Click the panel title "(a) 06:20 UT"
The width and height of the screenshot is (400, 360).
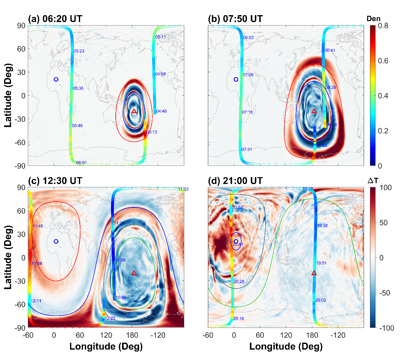(55, 19)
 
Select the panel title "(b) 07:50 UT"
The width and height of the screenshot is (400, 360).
(235, 19)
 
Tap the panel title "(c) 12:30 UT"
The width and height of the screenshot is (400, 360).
(55, 181)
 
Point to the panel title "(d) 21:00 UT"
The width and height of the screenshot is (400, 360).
(235, 181)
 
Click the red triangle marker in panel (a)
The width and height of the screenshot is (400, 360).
(134, 111)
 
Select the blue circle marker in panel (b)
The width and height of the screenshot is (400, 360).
(236, 79)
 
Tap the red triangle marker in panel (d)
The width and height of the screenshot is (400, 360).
(314, 273)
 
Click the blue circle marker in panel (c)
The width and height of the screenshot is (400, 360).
(56, 241)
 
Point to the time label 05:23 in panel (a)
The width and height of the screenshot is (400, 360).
(79, 51)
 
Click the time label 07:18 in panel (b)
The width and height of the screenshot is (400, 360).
(247, 112)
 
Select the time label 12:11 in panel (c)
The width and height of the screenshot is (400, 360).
(36, 301)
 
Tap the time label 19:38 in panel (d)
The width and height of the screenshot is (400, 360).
(322, 226)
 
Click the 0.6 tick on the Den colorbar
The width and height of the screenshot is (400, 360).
(383, 61)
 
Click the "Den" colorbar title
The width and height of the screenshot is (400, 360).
(374, 19)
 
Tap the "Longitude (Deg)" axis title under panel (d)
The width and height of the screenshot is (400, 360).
(286, 346)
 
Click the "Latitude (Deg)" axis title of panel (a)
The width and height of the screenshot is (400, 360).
(8, 96)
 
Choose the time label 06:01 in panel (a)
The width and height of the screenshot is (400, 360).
(82, 163)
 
